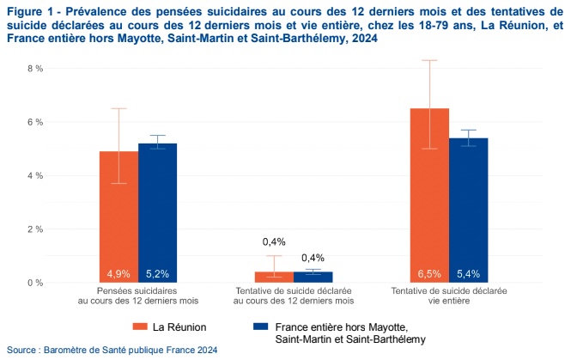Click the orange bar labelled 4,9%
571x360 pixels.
tap(118, 215)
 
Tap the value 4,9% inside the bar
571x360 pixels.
tap(118, 274)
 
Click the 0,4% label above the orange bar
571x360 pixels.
tap(274, 241)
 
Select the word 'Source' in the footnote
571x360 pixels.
tap(22, 350)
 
